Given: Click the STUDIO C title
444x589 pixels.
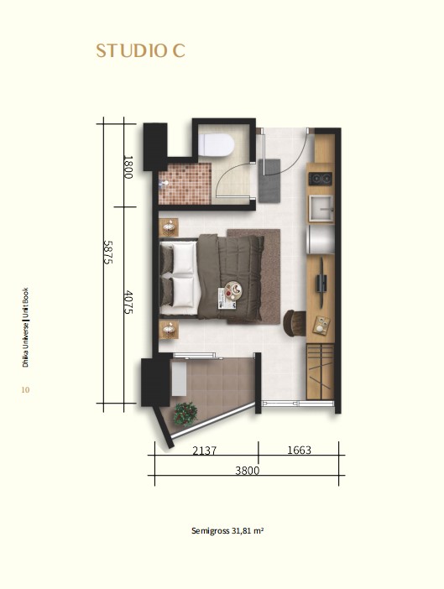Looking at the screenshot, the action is click(140, 51).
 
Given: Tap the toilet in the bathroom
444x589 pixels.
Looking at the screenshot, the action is click(216, 144).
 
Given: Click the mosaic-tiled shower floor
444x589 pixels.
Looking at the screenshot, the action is click(185, 184).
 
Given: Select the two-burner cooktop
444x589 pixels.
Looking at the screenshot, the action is click(320, 179).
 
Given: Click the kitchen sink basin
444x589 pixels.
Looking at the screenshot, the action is click(321, 208).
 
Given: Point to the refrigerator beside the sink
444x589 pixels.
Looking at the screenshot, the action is click(321, 239).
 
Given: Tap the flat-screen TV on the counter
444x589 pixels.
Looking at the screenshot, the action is click(321, 281).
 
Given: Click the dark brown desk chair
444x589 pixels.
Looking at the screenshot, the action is click(295, 323).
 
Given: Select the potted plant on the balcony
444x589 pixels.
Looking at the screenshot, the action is click(185, 414).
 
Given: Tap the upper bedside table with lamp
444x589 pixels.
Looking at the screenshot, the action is click(169, 227).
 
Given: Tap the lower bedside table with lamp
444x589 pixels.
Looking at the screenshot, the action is click(169, 330).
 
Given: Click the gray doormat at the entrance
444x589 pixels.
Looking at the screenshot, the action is click(269, 180).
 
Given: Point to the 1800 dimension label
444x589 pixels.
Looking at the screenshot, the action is click(128, 167).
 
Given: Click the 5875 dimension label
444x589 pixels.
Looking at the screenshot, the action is click(107, 252).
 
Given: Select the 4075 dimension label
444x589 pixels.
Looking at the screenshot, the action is click(128, 302).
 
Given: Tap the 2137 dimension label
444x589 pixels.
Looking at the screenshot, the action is click(204, 450).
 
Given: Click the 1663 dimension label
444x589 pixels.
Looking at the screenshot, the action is click(299, 450).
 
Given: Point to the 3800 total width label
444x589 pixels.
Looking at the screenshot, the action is click(247, 471).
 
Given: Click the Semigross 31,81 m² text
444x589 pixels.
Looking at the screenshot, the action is click(227, 531).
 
